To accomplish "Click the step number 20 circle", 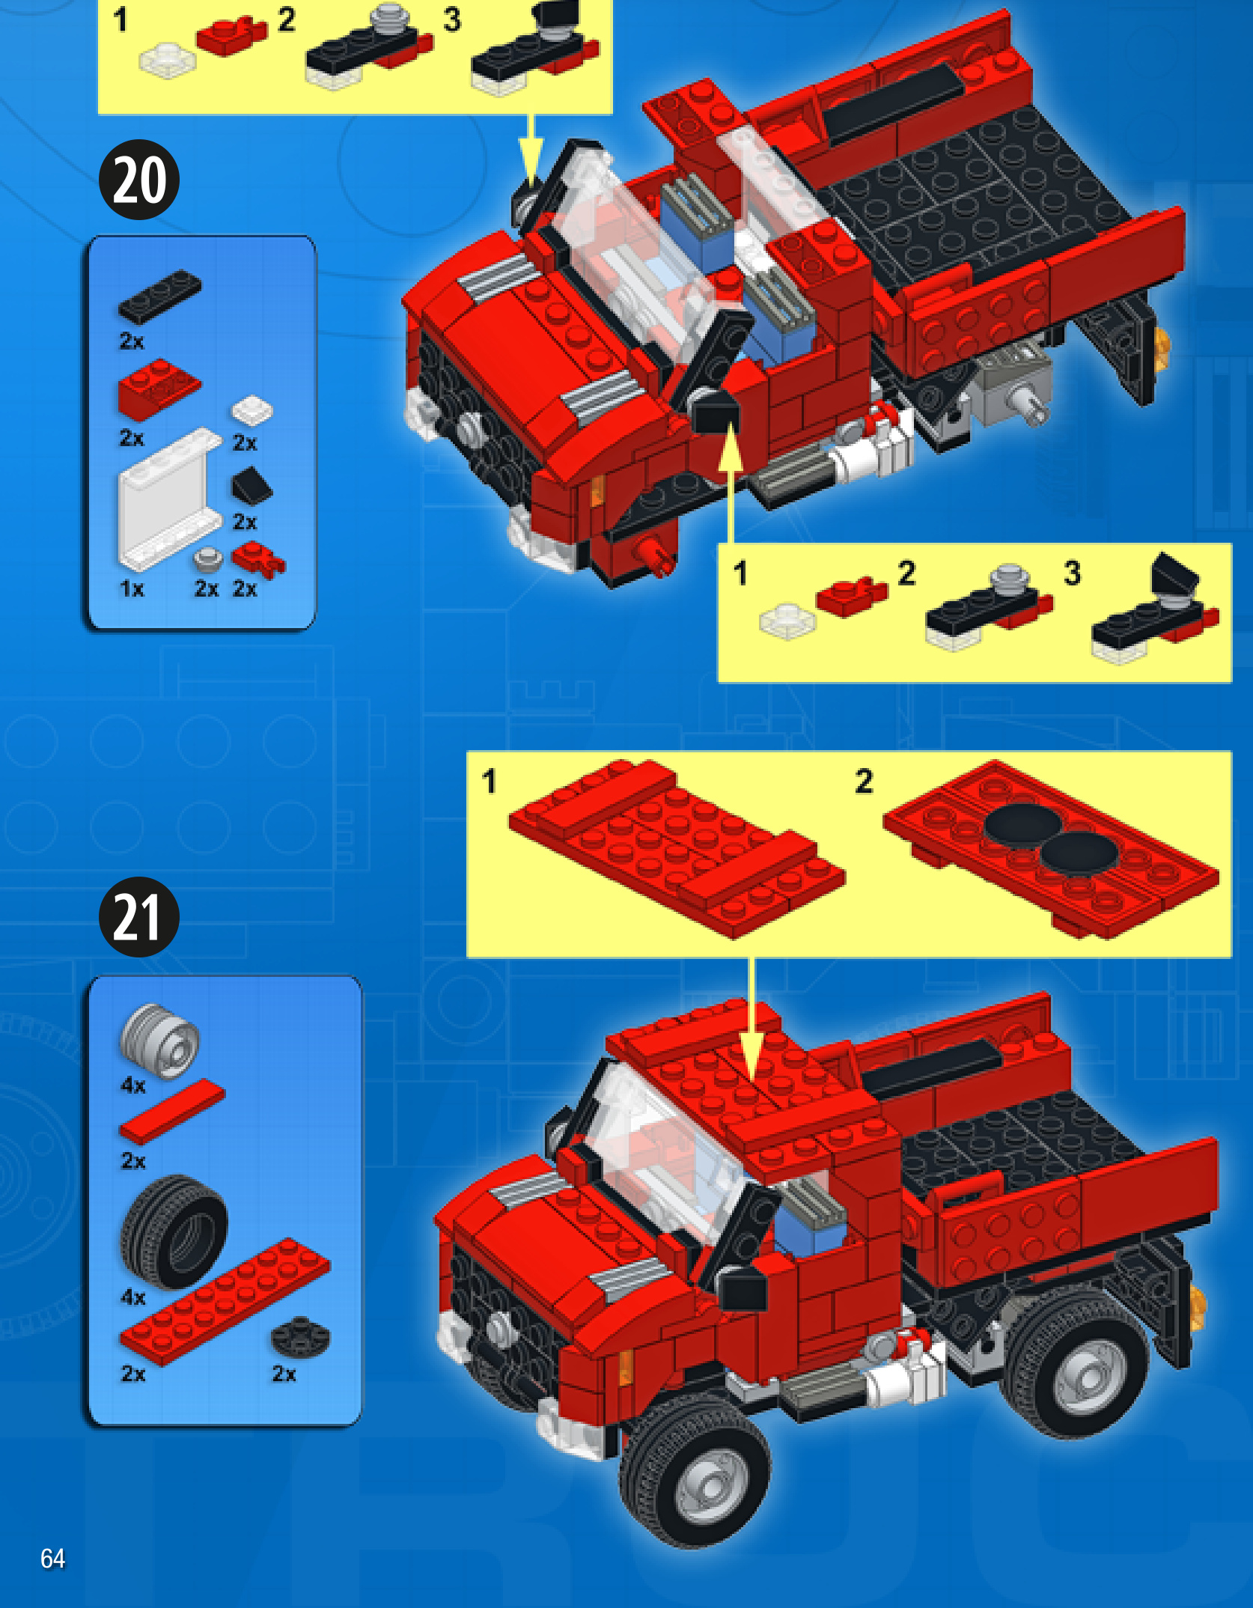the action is [x=139, y=180].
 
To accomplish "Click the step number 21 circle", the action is [x=139, y=917].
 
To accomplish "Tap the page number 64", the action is [x=52, y=1559].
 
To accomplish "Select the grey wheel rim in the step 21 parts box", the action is [x=160, y=1041].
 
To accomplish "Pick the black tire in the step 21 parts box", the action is [x=174, y=1231].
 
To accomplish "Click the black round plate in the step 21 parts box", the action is [x=300, y=1336].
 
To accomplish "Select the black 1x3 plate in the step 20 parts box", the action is [x=159, y=296].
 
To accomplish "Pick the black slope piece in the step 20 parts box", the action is [x=251, y=486].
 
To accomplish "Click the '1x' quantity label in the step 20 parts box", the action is [x=132, y=589].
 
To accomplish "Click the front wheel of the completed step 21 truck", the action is [x=695, y=1471].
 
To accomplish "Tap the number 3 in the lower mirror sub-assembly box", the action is [x=1073, y=573].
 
